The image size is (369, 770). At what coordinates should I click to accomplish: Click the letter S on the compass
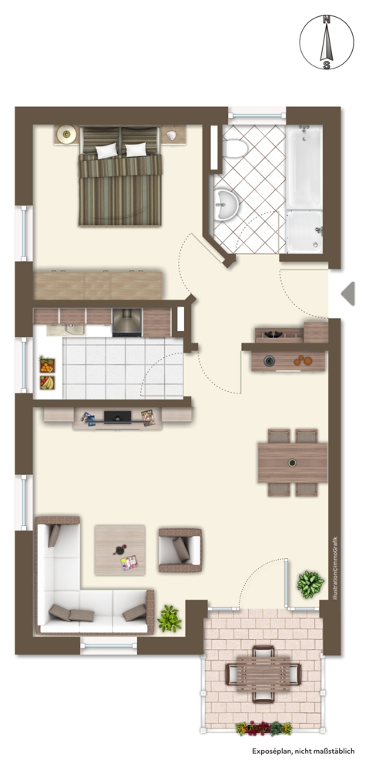327,65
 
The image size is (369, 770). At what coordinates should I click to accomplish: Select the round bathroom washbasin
226,204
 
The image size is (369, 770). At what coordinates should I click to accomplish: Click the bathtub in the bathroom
304,167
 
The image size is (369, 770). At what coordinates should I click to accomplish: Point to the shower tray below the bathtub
304,233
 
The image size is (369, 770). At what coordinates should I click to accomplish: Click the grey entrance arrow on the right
348,293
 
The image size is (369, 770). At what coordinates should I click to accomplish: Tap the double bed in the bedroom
120,176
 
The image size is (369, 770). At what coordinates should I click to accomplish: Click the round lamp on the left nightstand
65,134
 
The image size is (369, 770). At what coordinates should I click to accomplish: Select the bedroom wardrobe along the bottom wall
99,286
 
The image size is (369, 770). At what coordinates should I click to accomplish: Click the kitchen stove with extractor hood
127,323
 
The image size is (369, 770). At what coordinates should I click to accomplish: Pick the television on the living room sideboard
117,417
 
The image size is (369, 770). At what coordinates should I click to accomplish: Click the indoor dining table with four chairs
293,463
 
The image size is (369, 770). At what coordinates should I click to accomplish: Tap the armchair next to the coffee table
179,550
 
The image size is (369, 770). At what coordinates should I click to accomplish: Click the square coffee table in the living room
120,550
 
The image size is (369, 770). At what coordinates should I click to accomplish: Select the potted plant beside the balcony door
310,584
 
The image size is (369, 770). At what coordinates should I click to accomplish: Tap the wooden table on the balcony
263,674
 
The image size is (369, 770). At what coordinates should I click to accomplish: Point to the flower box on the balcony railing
263,728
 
